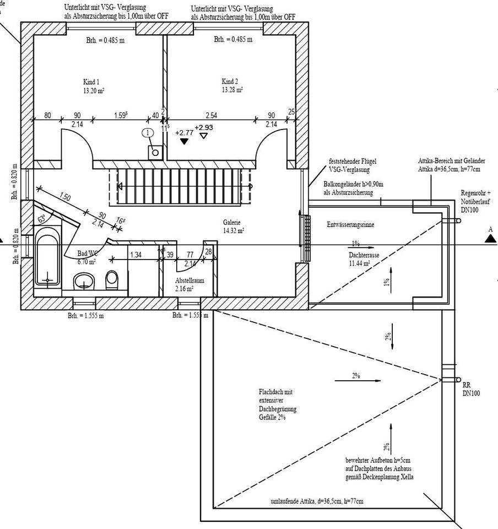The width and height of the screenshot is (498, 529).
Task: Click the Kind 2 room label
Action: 230,81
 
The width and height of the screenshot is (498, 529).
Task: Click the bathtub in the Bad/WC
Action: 47,259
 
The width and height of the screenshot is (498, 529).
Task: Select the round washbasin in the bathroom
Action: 85,283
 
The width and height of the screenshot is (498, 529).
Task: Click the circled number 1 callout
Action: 147,132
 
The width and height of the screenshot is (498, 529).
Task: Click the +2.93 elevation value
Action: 203,127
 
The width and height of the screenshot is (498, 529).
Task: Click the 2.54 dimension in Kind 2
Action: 211,115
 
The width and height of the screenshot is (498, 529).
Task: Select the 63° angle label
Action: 42,219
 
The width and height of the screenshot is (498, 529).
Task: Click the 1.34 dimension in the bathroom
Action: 136,254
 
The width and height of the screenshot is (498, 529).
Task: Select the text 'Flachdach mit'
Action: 275,392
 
